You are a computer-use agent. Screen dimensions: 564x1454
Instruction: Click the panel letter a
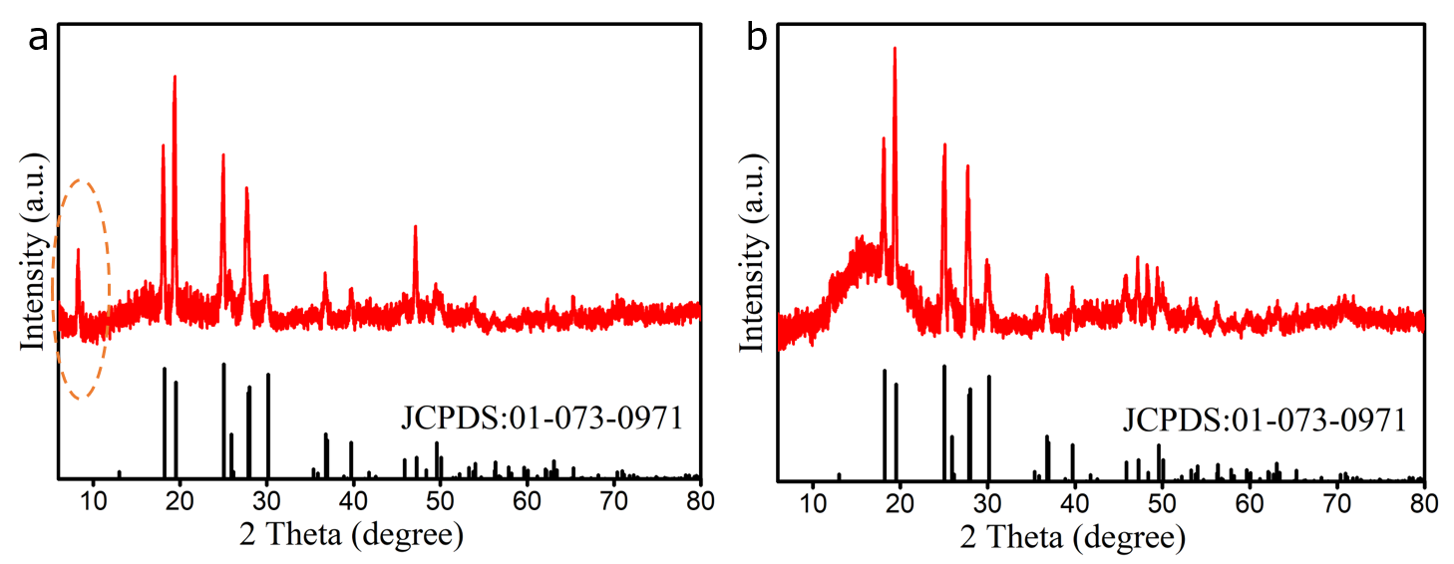pyautogui.click(x=38, y=39)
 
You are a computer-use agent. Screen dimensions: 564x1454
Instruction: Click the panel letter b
pyautogui.click(x=758, y=39)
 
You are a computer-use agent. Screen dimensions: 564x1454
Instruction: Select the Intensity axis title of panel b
pyautogui.click(x=754, y=252)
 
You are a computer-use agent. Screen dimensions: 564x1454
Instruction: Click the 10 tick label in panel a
pyautogui.click(x=93, y=500)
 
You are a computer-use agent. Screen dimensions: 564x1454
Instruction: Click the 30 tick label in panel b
pyautogui.click(x=987, y=501)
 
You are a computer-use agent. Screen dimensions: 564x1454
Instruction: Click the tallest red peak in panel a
pyautogui.click(x=175, y=79)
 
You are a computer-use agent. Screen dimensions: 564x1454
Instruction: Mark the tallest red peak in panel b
pyautogui.click(x=895, y=50)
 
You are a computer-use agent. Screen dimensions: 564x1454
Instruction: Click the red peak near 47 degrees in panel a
pyautogui.click(x=415, y=229)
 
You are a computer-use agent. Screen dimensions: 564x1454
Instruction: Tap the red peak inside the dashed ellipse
pyautogui.click(x=78, y=251)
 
